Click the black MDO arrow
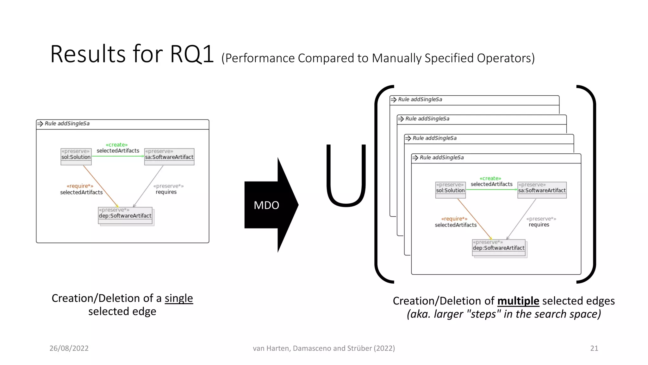coord(269,205)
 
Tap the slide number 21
coord(594,348)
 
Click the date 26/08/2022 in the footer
coord(69,348)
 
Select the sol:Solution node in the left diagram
coord(76,157)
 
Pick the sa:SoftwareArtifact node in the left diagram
coord(169,157)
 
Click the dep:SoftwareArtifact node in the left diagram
coord(125,215)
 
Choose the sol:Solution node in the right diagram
coord(450,190)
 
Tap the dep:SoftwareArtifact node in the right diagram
coord(499,248)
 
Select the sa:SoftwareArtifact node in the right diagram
coord(542,190)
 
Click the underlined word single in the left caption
coord(179,298)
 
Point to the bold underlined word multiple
coord(518,301)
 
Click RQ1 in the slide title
coord(192,54)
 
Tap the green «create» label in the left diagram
coord(117,145)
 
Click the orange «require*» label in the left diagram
coord(80,186)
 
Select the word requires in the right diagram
coord(539,225)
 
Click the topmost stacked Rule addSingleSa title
coord(420,99)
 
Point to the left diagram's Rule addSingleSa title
coord(67,124)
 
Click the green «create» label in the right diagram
coord(490,178)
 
